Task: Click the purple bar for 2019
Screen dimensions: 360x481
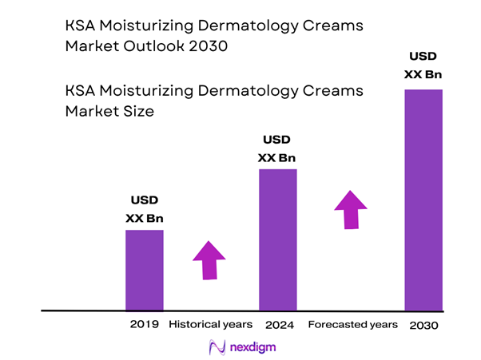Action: tap(144, 269)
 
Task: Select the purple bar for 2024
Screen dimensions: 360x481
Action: tap(277, 239)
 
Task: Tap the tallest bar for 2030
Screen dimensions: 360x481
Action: tap(423, 199)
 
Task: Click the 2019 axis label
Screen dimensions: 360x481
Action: tap(144, 325)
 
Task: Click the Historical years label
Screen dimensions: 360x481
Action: tap(211, 325)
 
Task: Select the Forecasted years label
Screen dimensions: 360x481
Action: tap(352, 325)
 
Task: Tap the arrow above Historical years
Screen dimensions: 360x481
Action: tap(209, 259)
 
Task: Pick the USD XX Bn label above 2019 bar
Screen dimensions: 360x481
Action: tap(144, 210)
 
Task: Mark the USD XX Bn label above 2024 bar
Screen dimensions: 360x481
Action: tap(277, 149)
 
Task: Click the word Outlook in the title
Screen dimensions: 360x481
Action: tap(155, 46)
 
